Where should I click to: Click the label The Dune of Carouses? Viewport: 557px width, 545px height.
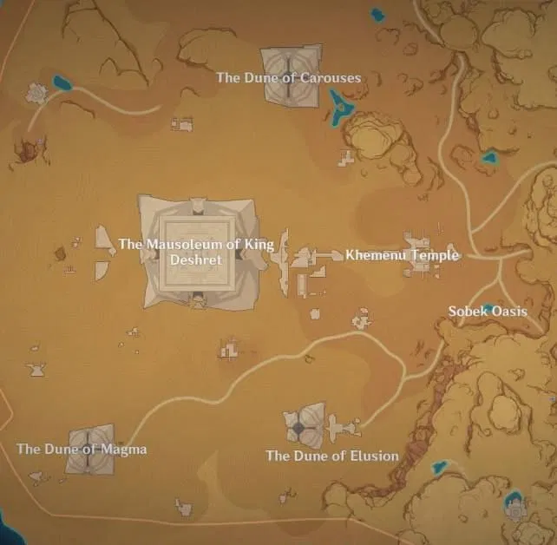point(288,78)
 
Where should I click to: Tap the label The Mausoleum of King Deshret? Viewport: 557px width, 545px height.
point(195,252)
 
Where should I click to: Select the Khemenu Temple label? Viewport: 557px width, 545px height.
point(402,255)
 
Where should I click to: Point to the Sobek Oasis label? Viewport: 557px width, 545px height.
point(487,311)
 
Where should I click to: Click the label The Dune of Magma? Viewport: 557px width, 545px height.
point(82,449)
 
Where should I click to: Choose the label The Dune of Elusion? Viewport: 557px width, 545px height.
point(332,456)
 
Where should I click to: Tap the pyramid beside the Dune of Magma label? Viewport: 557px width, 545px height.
point(89,449)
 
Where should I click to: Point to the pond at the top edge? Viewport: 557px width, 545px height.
point(377,14)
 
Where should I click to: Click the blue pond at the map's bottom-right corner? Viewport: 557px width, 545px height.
point(514,502)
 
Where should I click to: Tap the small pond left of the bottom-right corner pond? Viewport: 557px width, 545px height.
point(441,466)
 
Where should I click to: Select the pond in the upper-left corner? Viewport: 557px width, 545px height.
point(62,83)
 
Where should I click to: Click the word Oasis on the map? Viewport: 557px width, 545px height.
point(508,311)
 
